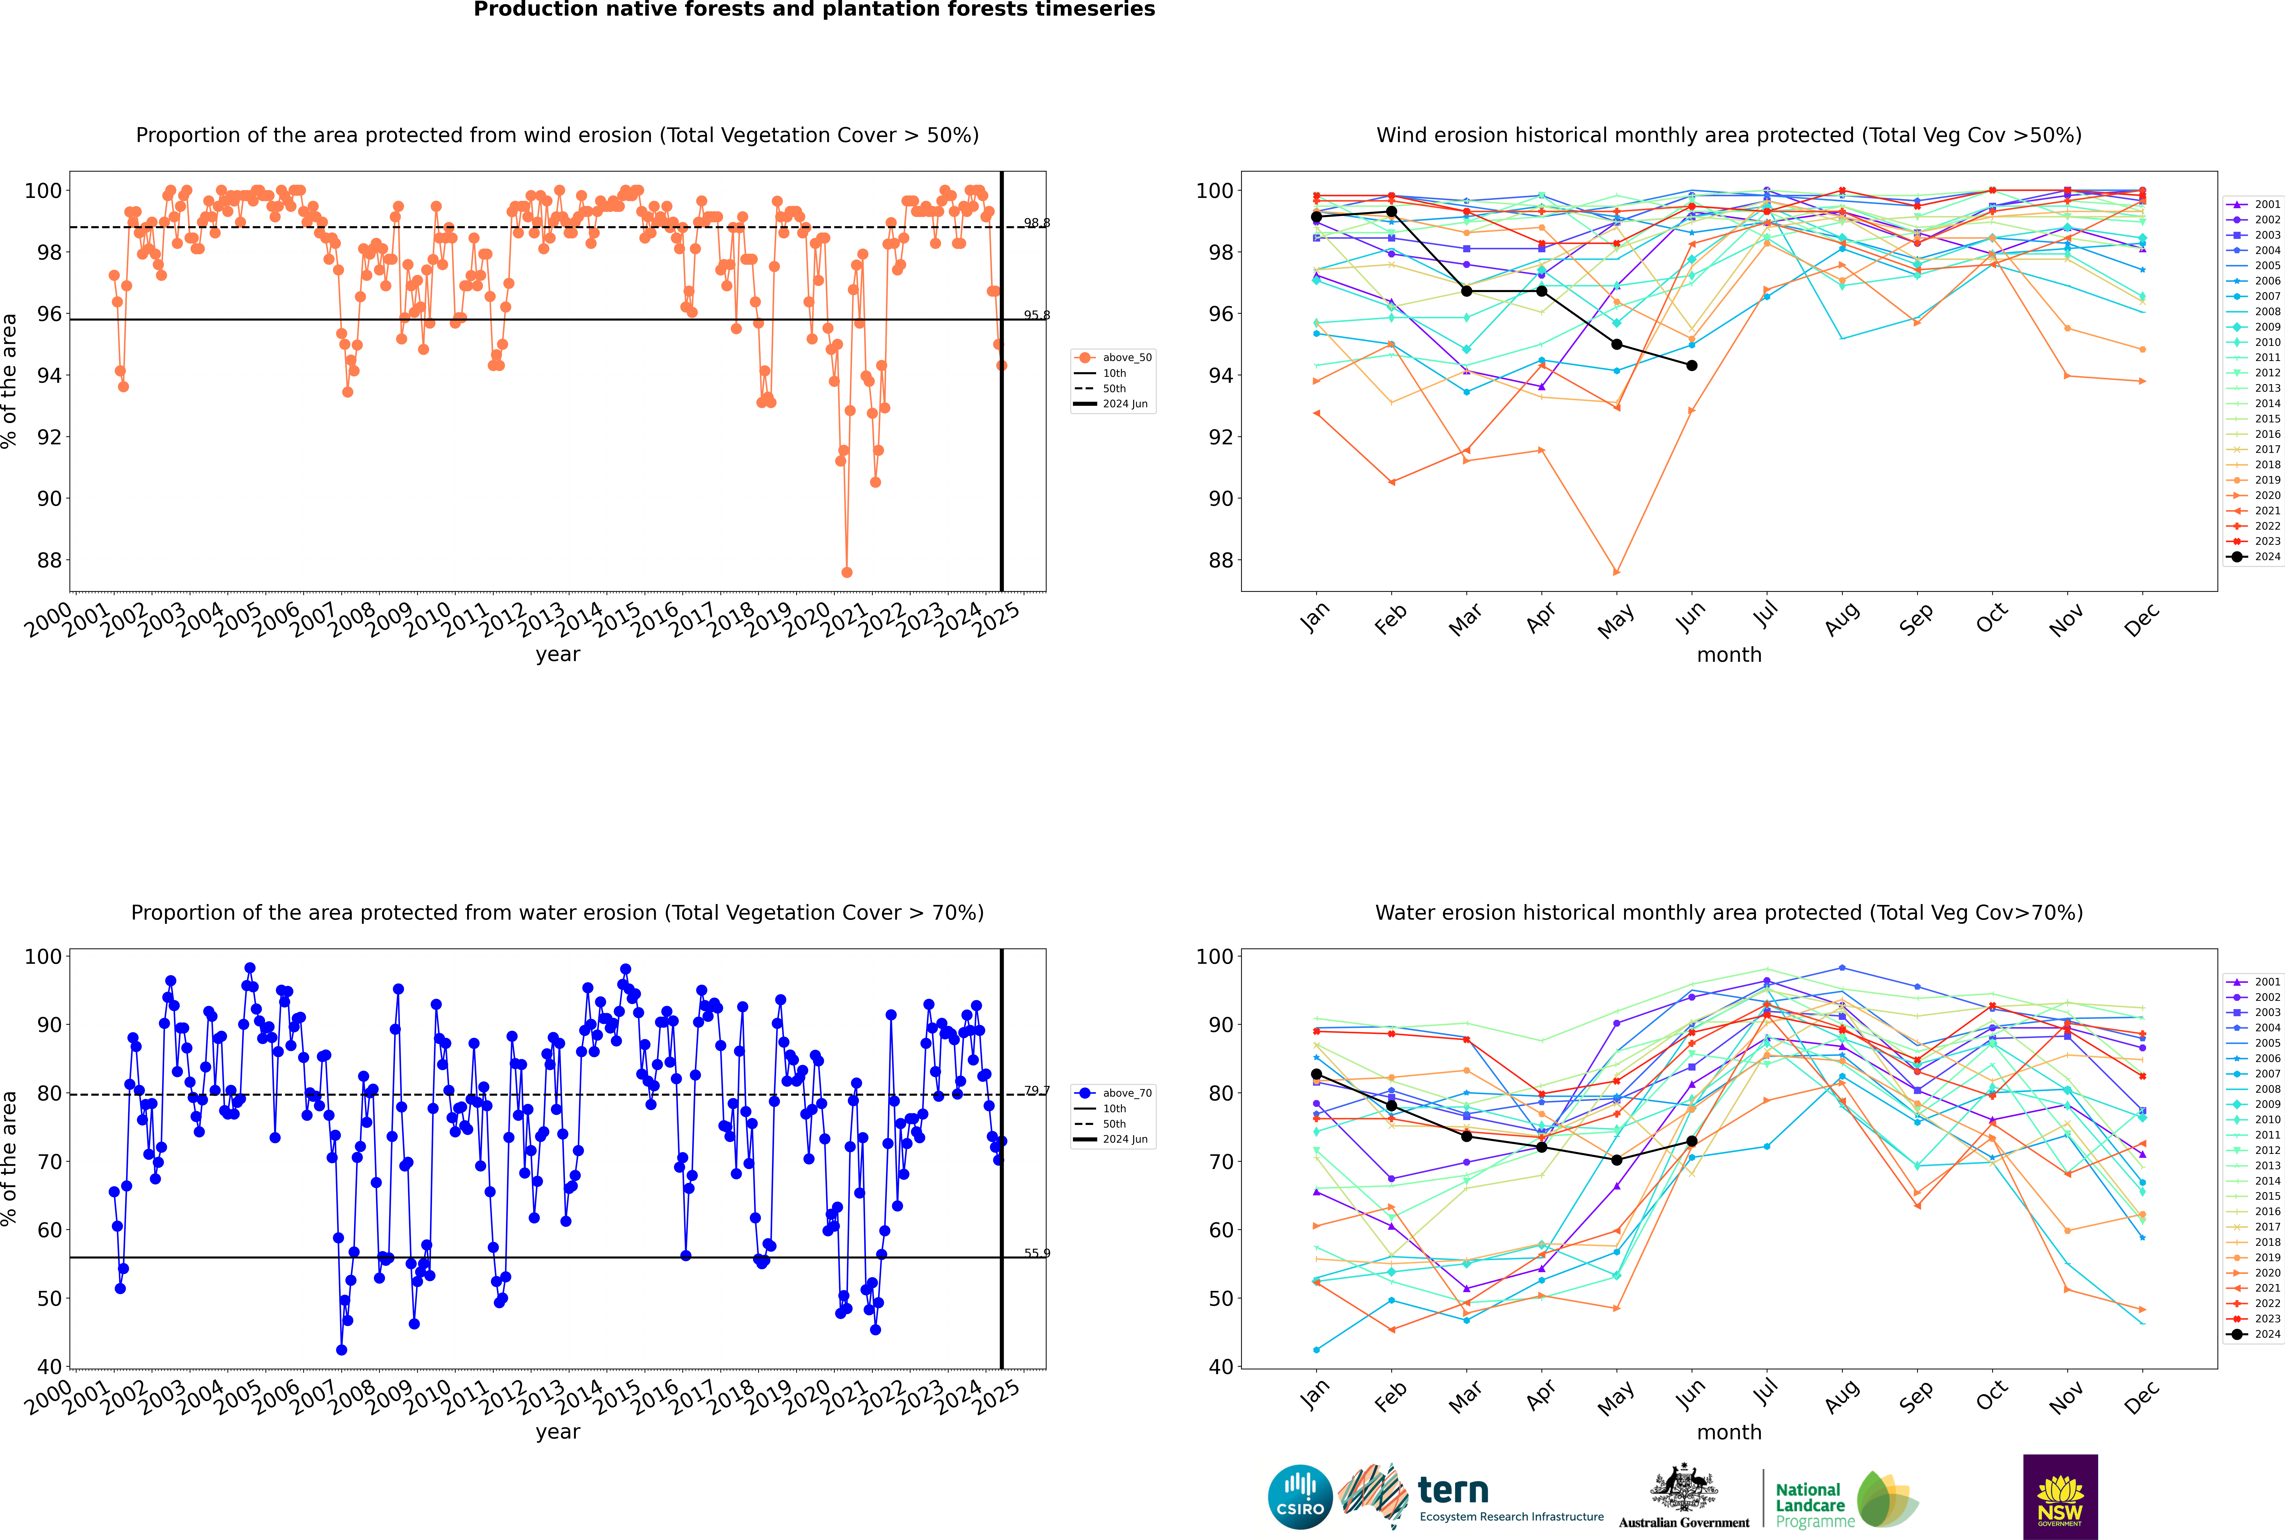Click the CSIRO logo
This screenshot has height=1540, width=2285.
pos(1300,1498)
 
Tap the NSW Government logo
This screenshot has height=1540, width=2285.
pos(2060,1496)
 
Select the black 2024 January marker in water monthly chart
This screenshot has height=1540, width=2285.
pos(1316,1074)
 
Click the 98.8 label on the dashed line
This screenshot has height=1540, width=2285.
pos(1036,223)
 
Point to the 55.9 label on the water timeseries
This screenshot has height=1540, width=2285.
pos(1036,1253)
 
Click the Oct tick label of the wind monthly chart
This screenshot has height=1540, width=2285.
pos(1991,619)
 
